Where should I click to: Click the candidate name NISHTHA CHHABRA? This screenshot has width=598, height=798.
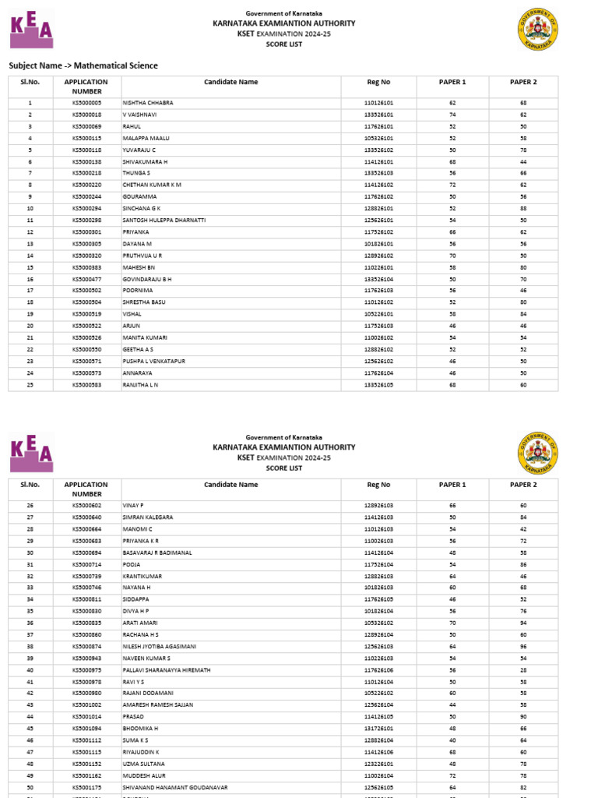coord(148,103)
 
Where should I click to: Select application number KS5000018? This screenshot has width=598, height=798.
coord(87,115)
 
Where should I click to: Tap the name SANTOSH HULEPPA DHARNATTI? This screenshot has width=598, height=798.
coord(164,221)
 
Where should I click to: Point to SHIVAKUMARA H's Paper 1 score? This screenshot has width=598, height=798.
coord(452,161)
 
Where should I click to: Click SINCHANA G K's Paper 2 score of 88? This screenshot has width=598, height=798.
coord(523,209)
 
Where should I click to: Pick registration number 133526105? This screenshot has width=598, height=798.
coord(378,385)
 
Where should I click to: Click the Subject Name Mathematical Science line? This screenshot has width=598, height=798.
coord(83,65)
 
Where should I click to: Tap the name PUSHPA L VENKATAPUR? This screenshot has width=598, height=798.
coord(154,362)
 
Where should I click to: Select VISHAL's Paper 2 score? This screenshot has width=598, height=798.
coord(523,314)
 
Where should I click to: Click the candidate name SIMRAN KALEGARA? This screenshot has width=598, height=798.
coord(148,517)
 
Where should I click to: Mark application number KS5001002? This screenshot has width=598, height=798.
coord(87,704)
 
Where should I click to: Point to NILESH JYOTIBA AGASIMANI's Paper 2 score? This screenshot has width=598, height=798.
coord(523,646)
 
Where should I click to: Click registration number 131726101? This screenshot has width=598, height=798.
coord(378,728)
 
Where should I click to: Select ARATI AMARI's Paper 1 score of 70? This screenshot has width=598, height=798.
coord(452,623)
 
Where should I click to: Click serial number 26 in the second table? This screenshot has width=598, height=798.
coord(30,506)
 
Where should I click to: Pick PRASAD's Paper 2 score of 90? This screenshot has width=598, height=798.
coord(523,716)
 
